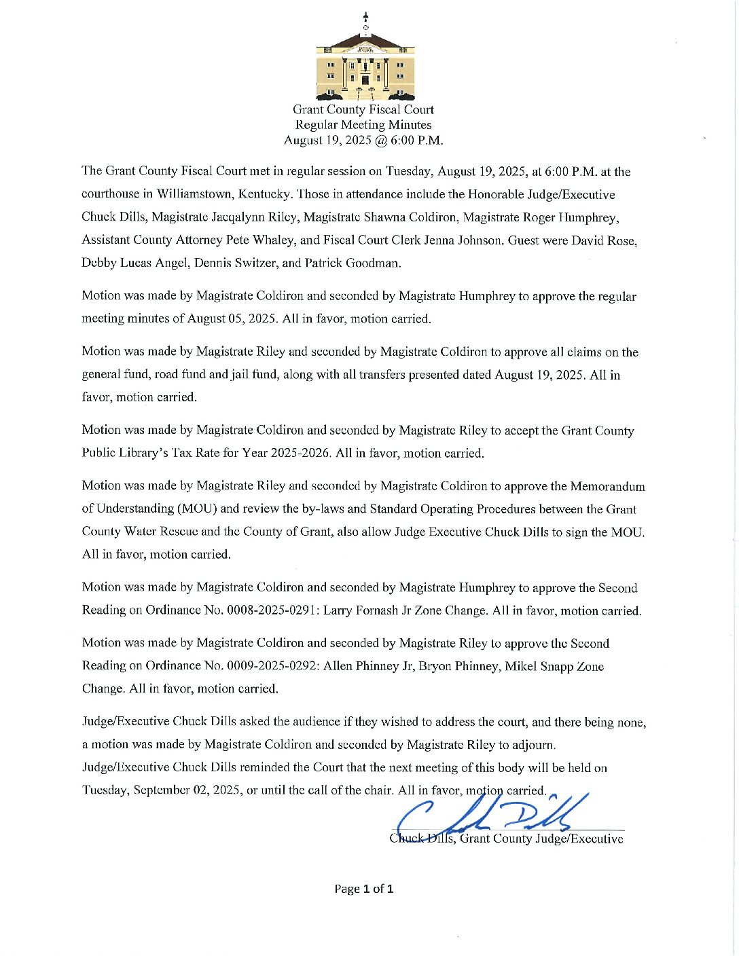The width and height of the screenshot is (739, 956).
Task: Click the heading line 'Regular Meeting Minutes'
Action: pos(363,125)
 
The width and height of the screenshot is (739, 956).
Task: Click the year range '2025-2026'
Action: pos(300,453)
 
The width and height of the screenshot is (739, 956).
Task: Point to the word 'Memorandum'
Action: pos(608,486)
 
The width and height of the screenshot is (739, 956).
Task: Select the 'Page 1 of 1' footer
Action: pos(363,889)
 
